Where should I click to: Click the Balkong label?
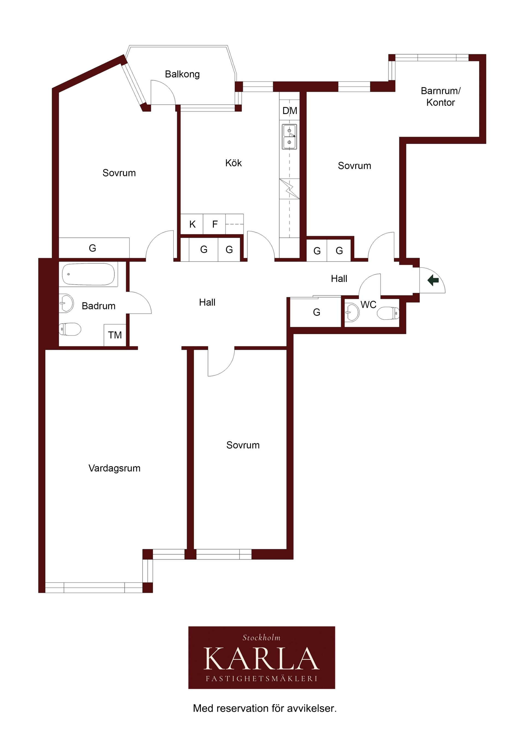(182, 74)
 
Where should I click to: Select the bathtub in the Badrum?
(88, 274)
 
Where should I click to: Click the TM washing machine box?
(115, 335)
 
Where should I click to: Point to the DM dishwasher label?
(290, 111)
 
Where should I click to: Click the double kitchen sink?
(289, 137)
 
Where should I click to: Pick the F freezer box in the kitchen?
(214, 224)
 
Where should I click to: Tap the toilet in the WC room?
(388, 313)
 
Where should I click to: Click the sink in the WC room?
(352, 312)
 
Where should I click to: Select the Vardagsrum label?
(115, 468)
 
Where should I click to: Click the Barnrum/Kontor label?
(441, 97)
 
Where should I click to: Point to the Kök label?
(233, 163)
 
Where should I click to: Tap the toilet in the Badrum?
(70, 329)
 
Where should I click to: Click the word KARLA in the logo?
(261, 659)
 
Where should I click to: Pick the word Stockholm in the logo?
(261, 638)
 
